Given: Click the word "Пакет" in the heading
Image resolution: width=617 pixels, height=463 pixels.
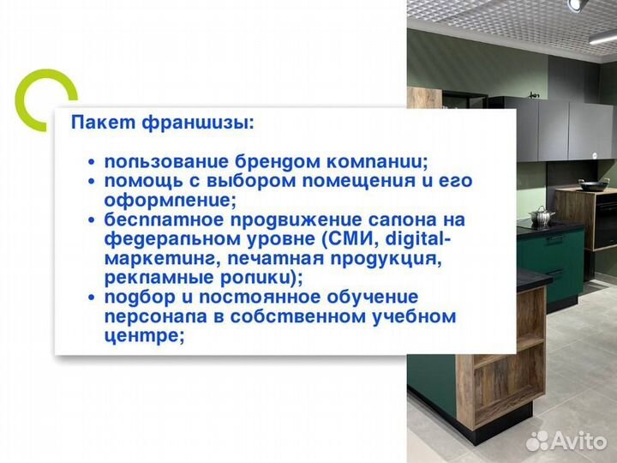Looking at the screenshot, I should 97,123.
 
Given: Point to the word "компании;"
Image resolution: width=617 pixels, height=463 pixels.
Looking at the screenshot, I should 381,161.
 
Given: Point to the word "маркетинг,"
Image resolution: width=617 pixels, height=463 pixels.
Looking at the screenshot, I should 155,258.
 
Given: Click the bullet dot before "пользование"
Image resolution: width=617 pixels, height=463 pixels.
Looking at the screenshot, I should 92,162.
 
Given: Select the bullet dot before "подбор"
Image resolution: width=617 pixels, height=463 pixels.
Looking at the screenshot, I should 92,298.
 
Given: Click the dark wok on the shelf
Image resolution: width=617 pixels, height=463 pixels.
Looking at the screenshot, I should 593,184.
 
